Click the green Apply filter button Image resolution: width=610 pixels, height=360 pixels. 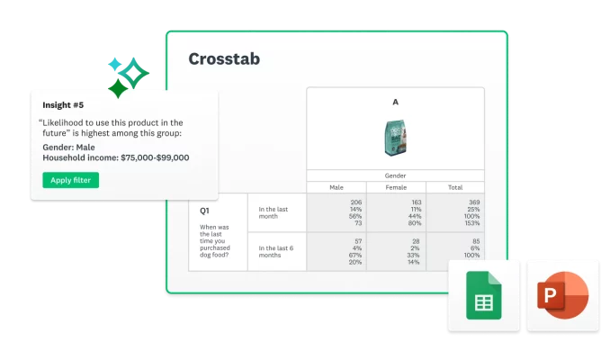coord(71,180)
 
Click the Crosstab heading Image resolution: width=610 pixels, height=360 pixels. coord(225,59)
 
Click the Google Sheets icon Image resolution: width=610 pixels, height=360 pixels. coord(483,295)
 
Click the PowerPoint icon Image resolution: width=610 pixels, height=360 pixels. coord(562,295)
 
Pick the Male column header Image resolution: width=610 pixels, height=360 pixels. coord(336,187)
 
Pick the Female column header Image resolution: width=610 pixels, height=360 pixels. coord(395,187)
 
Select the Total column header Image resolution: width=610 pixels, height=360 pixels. coord(455,187)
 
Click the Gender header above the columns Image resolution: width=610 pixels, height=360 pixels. coord(395,175)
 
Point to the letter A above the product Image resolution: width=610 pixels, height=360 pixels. coord(395,103)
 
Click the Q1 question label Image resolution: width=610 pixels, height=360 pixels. coord(206,211)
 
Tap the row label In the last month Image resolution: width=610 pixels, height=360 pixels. coord(274,212)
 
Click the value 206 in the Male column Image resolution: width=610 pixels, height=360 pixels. coord(355,202)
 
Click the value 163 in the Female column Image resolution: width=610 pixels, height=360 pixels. coord(415,202)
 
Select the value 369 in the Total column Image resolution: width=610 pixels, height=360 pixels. coord(474,202)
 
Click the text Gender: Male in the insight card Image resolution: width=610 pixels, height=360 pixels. coord(69,147)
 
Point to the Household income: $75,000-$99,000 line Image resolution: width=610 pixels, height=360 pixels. coord(116,157)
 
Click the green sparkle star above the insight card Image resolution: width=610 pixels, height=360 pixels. coord(116,89)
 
